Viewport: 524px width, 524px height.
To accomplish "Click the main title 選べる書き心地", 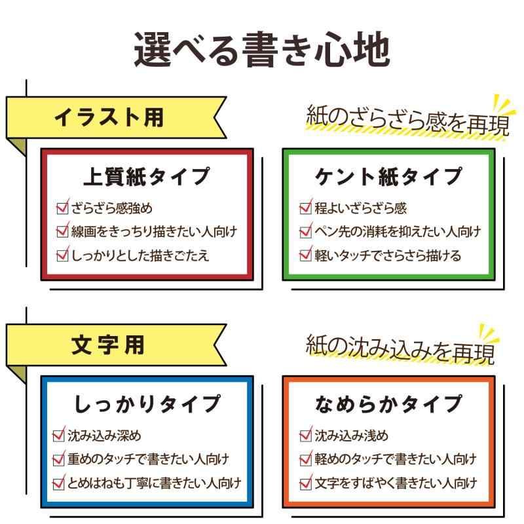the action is (262, 50).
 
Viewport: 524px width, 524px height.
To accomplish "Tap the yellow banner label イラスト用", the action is (109, 117).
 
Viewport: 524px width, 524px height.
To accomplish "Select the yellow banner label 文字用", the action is (107, 345).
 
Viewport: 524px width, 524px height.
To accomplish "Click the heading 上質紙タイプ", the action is (147, 176).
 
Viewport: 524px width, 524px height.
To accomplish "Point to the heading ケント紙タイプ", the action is (388, 176).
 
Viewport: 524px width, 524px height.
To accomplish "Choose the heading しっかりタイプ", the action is (147, 403).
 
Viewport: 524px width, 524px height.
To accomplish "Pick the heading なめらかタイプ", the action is (388, 403).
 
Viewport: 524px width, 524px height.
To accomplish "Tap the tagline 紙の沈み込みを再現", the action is (400, 348).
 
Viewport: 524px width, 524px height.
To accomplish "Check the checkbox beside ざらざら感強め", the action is (62, 208).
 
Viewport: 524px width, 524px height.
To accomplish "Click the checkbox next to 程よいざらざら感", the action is (305, 208).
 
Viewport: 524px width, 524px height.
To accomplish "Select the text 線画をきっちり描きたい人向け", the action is (154, 231).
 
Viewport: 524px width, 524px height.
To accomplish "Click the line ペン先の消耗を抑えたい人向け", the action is (398, 231).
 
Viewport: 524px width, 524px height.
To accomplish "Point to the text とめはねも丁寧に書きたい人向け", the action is (154, 483).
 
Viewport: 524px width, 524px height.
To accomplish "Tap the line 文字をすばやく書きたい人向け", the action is (396, 483).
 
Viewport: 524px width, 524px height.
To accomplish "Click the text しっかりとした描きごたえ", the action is (140, 255).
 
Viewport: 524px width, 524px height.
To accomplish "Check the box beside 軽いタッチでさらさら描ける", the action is (305, 255).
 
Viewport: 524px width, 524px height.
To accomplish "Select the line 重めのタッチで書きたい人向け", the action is (149, 459).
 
